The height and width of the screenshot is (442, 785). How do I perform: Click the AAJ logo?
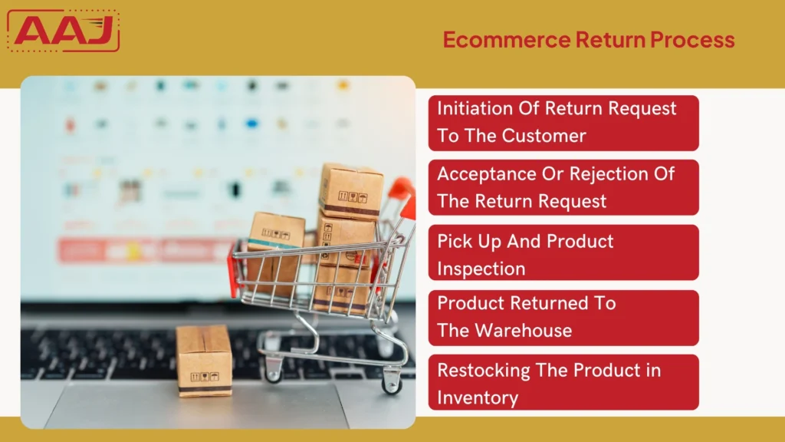[63, 31]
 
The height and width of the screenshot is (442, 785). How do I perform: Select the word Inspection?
[481, 269]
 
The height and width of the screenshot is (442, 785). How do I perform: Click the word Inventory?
[478, 397]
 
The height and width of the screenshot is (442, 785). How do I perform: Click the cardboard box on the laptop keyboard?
[204, 361]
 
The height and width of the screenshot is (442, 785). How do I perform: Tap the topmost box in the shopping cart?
[351, 190]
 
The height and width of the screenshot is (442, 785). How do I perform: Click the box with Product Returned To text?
[563, 317]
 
